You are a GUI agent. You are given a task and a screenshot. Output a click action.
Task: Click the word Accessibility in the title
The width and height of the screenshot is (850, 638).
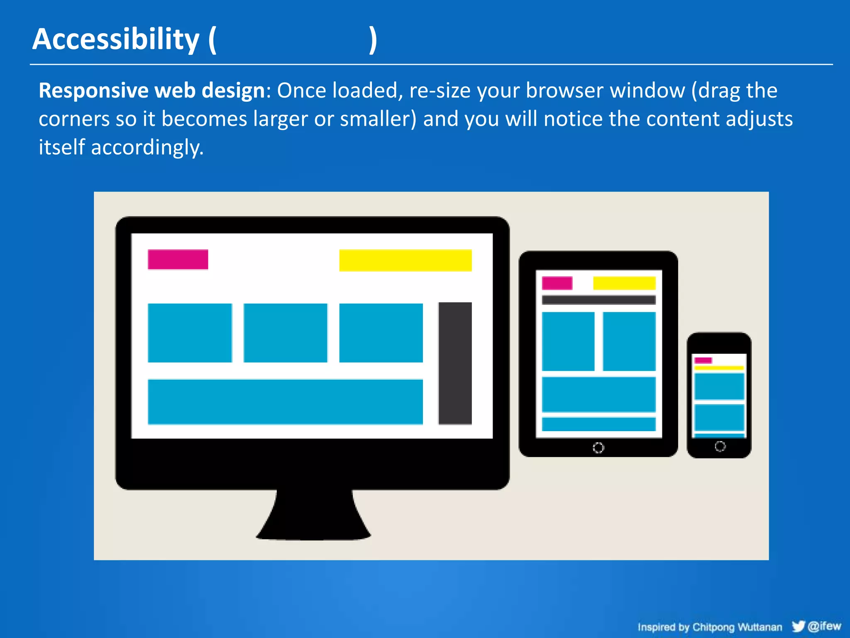[x=116, y=39]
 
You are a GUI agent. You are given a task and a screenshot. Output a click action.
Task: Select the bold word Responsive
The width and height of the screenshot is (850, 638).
[x=93, y=91]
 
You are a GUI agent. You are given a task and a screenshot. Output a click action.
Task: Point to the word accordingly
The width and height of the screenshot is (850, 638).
[x=147, y=147]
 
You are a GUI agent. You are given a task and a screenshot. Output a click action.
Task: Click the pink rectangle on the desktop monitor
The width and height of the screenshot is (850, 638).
[x=178, y=260]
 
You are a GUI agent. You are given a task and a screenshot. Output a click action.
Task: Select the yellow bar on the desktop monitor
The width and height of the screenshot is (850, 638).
[x=405, y=260]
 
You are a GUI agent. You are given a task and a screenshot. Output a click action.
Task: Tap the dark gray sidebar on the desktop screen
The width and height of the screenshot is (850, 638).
[x=455, y=363]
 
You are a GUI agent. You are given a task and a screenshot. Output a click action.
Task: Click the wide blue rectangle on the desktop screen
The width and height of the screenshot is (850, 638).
[x=285, y=402]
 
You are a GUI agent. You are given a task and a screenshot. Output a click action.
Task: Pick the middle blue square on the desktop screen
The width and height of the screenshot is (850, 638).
[x=285, y=333]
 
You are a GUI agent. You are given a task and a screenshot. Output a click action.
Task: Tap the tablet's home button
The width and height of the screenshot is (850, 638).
[x=598, y=448]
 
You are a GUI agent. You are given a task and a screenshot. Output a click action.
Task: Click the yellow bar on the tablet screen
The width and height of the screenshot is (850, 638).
[x=624, y=283]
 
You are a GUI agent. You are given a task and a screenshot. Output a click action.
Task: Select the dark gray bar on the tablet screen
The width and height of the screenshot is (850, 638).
[x=598, y=300]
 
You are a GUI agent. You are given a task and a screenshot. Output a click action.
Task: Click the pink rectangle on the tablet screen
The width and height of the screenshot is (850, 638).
[x=557, y=283]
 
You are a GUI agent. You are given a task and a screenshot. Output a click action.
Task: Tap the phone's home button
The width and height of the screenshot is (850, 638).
[x=720, y=447]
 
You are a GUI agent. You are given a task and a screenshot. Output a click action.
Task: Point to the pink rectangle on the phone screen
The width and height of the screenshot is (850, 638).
[x=703, y=360]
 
